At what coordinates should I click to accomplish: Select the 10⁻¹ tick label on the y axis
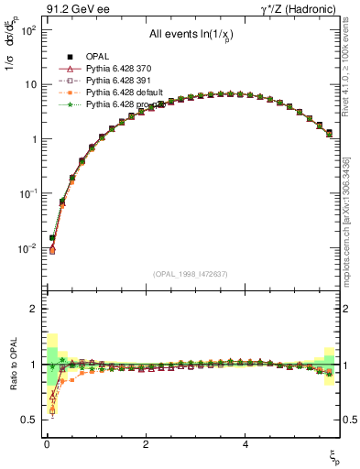pyautogui.click(x=27, y=193)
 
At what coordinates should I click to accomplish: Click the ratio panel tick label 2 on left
pyautogui.click(x=32, y=309)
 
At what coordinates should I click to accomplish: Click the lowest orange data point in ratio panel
pyautogui.click(x=52, y=410)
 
